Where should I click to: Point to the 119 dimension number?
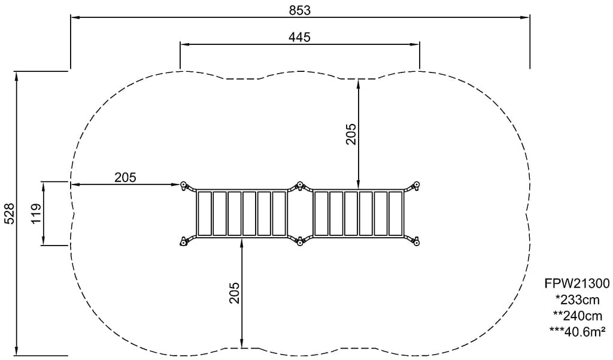(x=36, y=213)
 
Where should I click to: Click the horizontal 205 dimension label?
(x=125, y=177)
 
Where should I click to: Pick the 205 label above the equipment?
(x=351, y=134)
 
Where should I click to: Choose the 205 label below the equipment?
(x=234, y=293)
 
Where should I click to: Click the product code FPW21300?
(x=577, y=283)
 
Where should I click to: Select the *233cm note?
(x=577, y=300)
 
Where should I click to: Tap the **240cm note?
(x=578, y=315)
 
